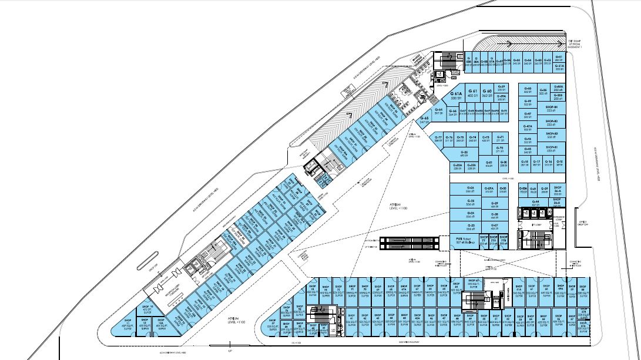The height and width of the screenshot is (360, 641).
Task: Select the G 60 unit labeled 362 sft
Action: tap(486, 93)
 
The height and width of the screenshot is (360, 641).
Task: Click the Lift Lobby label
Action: tap(536, 224)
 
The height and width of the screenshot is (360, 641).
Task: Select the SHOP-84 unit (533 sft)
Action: tap(551, 108)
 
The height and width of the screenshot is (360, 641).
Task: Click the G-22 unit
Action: tap(464, 154)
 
